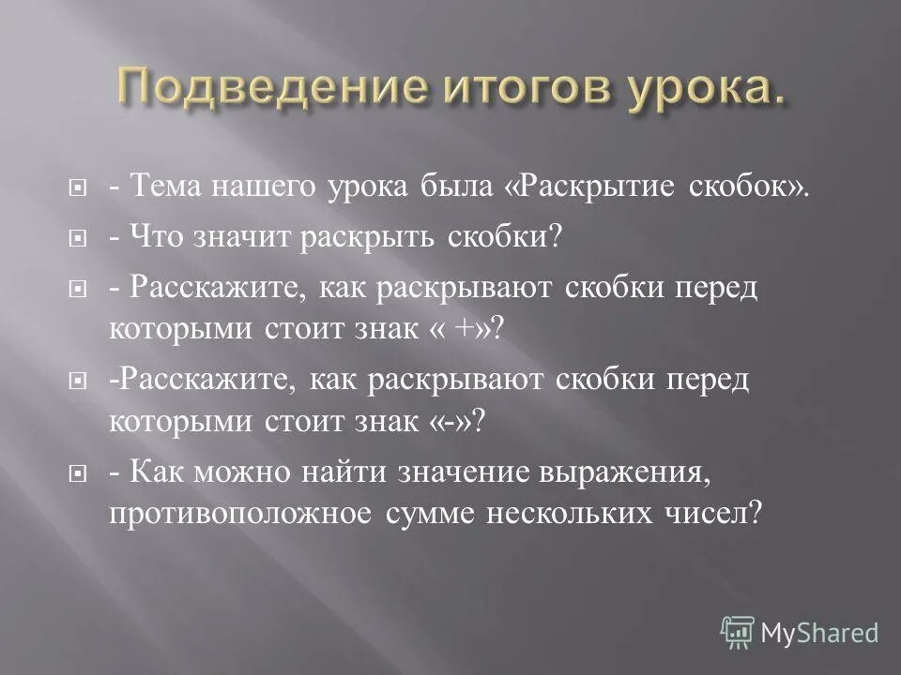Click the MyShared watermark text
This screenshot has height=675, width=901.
[x=819, y=633]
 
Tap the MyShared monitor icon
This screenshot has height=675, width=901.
[x=738, y=632]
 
